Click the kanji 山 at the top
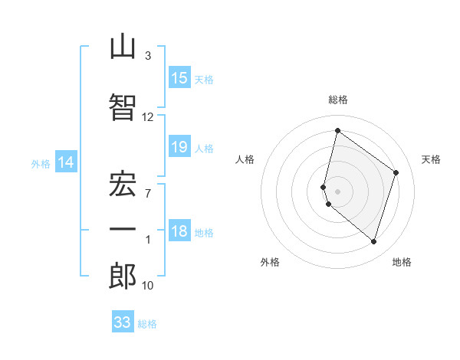[123, 46]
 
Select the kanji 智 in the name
[123, 107]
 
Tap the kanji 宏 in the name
[123, 184]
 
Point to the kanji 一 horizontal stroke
[123, 229]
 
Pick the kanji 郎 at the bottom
[123, 276]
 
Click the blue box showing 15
[179, 77]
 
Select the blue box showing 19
[179, 146]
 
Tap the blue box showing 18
[179, 230]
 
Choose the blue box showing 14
[66, 162]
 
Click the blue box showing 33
[123, 321]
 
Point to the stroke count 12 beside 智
[147, 117]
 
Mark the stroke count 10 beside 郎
[147, 286]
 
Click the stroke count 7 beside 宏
[148, 194]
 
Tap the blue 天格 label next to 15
[204, 80]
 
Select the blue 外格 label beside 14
[41, 164]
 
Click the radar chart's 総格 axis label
[338, 100]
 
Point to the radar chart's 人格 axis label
[245, 159]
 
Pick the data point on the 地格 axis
[373, 242]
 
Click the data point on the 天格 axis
[396, 172]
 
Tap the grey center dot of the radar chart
[337, 191]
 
